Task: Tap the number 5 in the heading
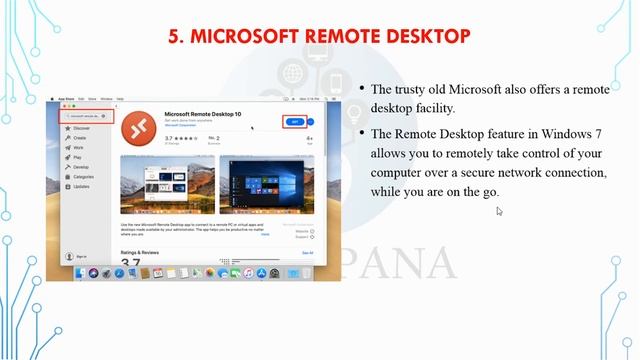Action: [173, 37]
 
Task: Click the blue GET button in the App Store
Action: [293, 121]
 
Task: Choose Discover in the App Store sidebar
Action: [81, 128]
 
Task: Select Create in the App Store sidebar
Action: [79, 138]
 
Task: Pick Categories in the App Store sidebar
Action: [83, 176]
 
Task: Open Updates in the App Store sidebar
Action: [81, 186]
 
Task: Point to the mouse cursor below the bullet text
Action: [499, 210]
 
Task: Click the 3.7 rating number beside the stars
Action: [169, 138]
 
